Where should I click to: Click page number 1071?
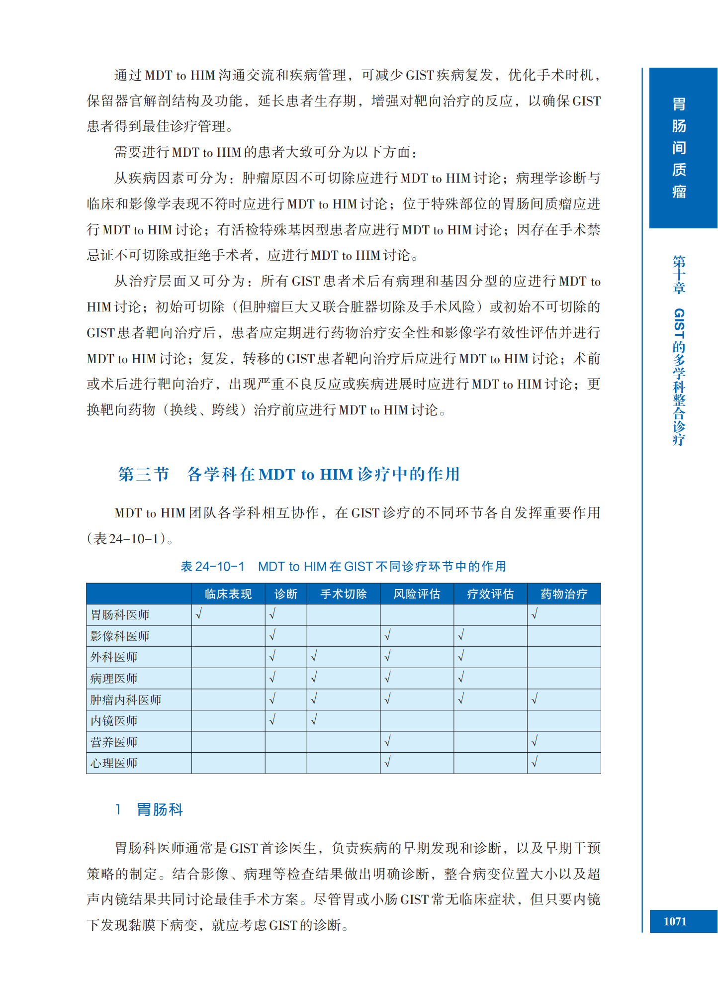(675, 921)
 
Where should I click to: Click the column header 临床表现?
(228, 594)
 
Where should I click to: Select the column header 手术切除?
(343, 594)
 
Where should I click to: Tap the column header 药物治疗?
(564, 594)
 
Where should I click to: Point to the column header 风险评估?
(417, 594)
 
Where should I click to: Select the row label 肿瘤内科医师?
(126, 700)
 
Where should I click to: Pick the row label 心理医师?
(114, 763)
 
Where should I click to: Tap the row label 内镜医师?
(114, 721)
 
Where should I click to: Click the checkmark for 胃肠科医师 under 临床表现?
(198, 614)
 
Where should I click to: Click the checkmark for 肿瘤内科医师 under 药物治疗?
(535, 700)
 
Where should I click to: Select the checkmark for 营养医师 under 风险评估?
(387, 742)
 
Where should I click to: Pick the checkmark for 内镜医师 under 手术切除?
(314, 720)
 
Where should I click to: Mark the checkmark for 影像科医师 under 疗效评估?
(461, 635)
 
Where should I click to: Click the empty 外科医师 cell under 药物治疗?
(564, 657)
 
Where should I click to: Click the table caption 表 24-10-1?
(212, 567)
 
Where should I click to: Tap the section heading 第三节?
(144, 474)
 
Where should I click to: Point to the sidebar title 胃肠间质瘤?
(679, 148)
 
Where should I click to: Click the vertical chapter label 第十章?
(679, 274)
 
